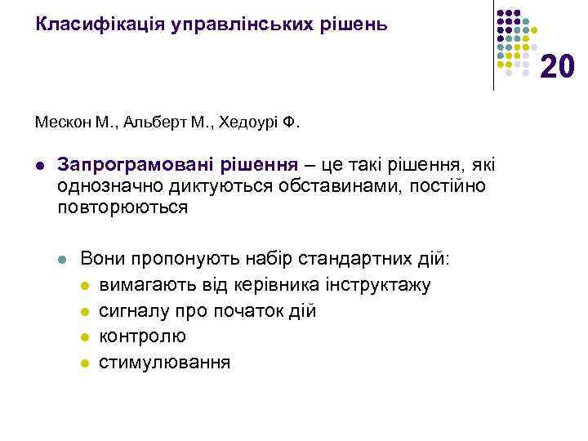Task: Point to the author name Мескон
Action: click(62, 123)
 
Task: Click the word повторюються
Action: click(122, 207)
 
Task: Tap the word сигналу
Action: click(130, 311)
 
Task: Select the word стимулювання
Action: click(164, 362)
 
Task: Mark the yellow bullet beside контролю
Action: click(85, 337)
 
